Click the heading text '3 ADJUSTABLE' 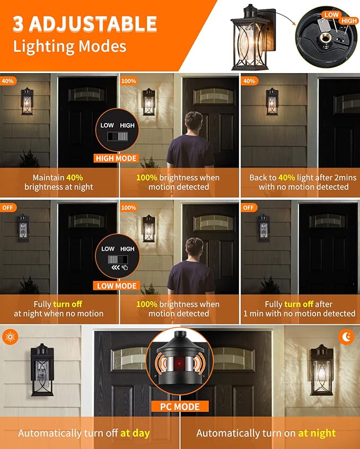click(x=85, y=24)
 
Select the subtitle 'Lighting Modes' click(x=69, y=46)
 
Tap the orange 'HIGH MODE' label click(x=117, y=158)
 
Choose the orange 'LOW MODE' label click(x=117, y=286)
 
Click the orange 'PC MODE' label click(x=180, y=407)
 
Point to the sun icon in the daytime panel click(x=10, y=336)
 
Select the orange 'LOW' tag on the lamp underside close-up click(x=331, y=15)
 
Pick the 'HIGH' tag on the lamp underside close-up click(x=349, y=21)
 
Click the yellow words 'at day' click(x=135, y=433)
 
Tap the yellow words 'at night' click(x=317, y=433)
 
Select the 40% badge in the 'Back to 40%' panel click(x=249, y=81)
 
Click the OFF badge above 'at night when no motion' click(x=8, y=208)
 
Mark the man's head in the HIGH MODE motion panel click(x=194, y=121)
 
